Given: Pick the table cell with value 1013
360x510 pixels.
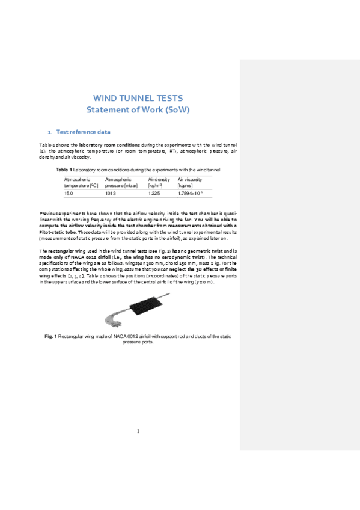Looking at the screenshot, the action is pyautogui.click(x=111, y=194).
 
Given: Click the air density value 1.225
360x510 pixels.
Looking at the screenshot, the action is pyautogui.click(x=154, y=194).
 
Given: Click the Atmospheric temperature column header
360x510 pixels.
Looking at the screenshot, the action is pyautogui.click(x=81, y=183).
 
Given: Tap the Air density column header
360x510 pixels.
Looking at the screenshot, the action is pyautogui.click(x=159, y=183).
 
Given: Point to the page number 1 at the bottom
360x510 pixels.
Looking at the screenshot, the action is pyautogui.click(x=138, y=431).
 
